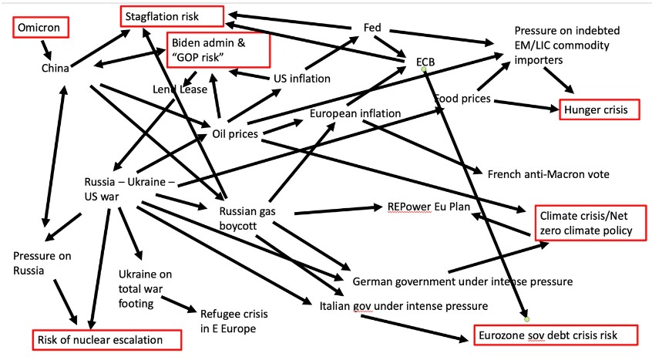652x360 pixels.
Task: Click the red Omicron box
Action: pyautogui.click(x=40, y=28)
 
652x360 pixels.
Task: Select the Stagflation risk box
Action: pyautogui.click(x=170, y=14)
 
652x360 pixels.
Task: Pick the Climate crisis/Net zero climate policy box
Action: pyautogui.click(x=586, y=223)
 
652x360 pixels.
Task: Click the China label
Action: pyautogui.click(x=56, y=69)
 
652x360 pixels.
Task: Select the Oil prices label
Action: pyautogui.click(x=234, y=134)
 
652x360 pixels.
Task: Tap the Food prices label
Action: pyautogui.click(x=462, y=99)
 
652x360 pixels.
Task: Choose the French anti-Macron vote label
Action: pyautogui.click(x=548, y=174)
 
